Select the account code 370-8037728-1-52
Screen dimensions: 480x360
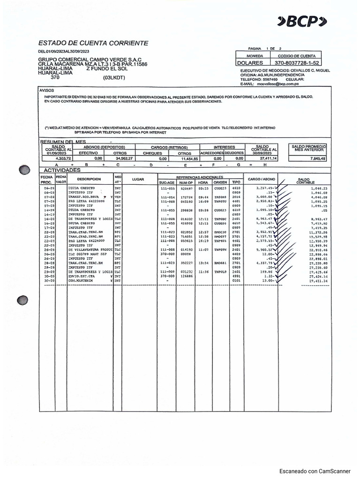pyautogui.click(x=297, y=62)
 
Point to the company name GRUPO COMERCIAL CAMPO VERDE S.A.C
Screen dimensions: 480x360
pyautogui.click(x=90, y=60)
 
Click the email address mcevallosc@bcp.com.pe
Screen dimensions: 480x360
pyautogui.click(x=277, y=84)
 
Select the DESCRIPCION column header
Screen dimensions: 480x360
pyautogui.click(x=89, y=179)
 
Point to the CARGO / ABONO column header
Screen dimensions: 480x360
pyautogui.click(x=261, y=179)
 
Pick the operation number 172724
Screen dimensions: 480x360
pyautogui.click(x=186, y=197)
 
